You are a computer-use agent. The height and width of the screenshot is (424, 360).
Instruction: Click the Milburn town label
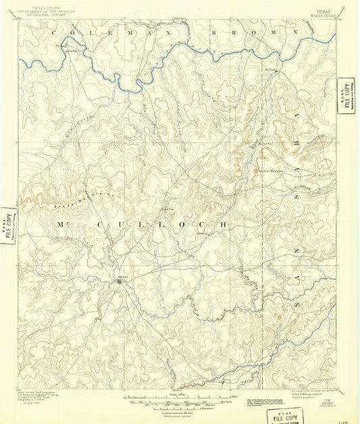click(x=271, y=68)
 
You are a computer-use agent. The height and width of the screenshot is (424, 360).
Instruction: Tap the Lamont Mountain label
click(x=275, y=169)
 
